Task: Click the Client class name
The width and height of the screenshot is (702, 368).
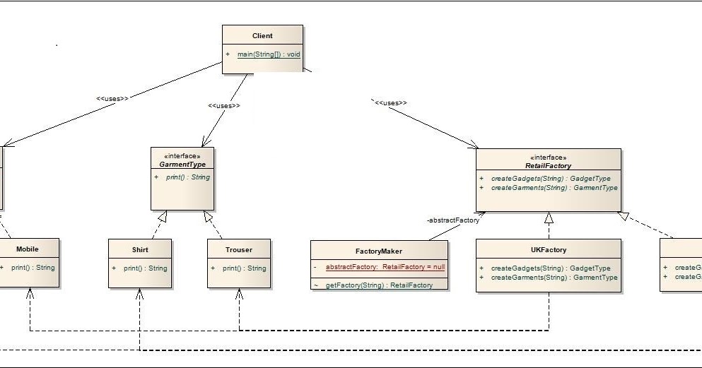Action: pos(262,36)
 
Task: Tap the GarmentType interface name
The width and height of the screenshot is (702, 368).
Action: pos(182,164)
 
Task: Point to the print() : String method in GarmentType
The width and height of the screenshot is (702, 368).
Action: pos(187,177)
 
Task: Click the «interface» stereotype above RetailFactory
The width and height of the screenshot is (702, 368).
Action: pos(548,158)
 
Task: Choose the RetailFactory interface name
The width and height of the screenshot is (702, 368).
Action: pos(548,165)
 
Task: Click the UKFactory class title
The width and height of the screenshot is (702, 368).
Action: pos(548,249)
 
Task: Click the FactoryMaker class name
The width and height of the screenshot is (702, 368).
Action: pos(378,251)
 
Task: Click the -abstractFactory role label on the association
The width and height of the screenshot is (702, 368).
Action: pos(453,220)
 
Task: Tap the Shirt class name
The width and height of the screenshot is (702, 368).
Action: pos(140,249)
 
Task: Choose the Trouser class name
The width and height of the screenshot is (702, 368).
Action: pos(238,249)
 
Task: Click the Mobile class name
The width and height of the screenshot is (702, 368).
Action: pos(28,249)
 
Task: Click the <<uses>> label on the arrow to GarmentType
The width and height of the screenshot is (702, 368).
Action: pos(223,106)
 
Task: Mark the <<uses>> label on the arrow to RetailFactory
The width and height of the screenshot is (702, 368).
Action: pos(391,103)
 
